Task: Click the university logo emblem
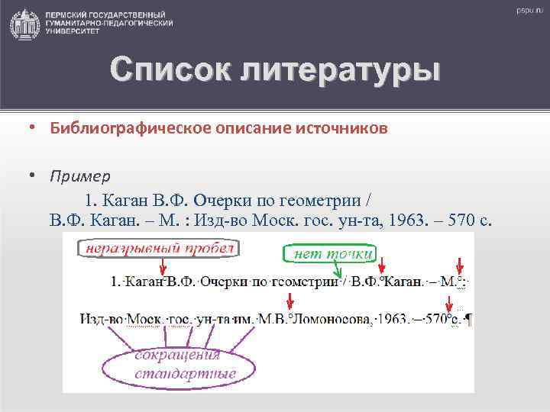point(24,24)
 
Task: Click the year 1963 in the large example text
point(406,221)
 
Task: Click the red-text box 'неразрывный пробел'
point(160,249)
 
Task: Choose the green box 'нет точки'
point(330,253)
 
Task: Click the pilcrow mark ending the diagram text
point(468,320)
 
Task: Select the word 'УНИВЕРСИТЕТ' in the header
point(71,33)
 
